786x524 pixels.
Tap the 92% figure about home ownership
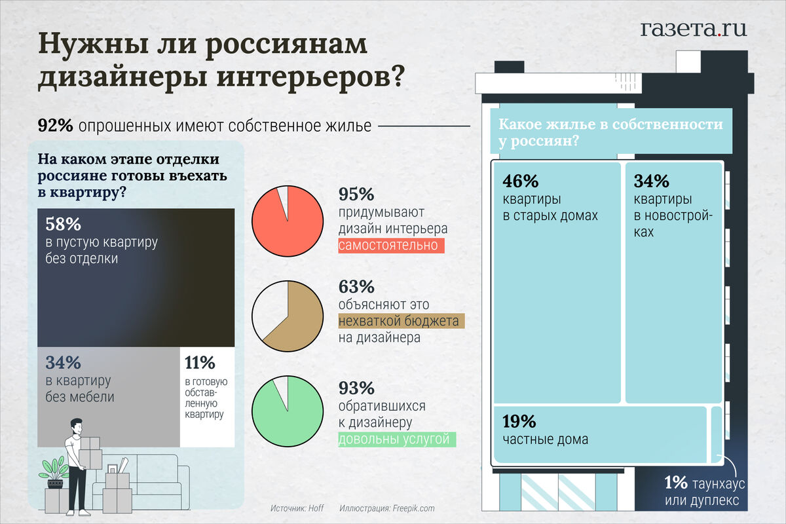(x=55, y=126)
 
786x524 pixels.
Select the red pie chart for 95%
(x=288, y=221)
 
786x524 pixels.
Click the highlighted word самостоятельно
(x=391, y=246)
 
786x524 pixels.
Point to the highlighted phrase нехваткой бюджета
(x=399, y=321)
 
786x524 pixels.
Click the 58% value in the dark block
(x=63, y=224)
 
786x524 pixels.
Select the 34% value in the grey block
(x=63, y=362)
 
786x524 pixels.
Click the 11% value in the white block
(x=200, y=362)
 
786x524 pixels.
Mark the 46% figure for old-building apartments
(x=520, y=181)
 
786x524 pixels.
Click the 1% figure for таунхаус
(x=675, y=483)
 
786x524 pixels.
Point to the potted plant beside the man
(x=54, y=472)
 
